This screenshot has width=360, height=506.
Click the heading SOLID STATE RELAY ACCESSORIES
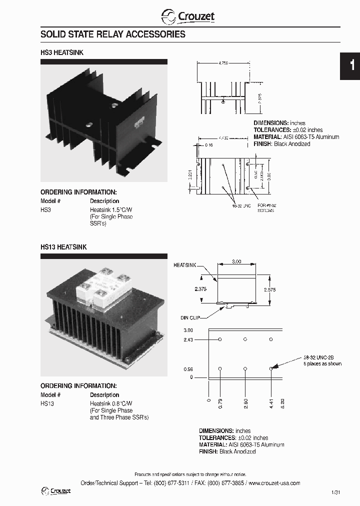(x=112, y=34)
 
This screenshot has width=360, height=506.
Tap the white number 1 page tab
(x=352, y=65)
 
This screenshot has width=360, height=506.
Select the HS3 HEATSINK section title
(x=58, y=51)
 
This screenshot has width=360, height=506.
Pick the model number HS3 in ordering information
(x=45, y=210)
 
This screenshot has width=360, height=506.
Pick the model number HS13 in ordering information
(x=46, y=403)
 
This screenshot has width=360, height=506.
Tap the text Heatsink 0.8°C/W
(x=111, y=403)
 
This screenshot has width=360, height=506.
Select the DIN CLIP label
(x=190, y=317)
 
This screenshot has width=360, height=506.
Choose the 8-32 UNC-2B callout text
(x=321, y=357)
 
